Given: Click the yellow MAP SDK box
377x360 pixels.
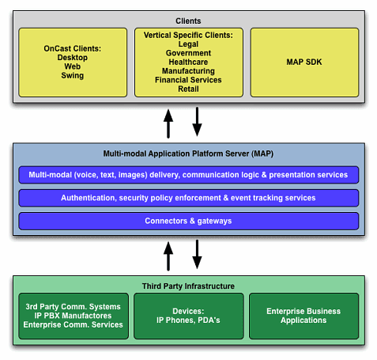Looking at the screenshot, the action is click(304, 63).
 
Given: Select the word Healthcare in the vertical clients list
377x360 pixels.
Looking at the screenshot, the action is click(188, 62).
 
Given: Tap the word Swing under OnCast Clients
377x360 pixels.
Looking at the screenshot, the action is click(73, 75).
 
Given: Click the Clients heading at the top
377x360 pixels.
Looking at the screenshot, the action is click(188, 21).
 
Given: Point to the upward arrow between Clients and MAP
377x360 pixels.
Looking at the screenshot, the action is click(168, 123).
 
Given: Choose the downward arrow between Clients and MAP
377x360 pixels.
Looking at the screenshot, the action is click(197, 122).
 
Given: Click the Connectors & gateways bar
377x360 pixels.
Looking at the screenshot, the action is click(189, 221).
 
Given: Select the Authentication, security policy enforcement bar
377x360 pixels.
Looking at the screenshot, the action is click(189, 198).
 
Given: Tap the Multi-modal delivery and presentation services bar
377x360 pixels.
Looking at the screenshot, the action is click(189, 175).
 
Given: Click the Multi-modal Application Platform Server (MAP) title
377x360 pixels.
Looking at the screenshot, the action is click(188, 153).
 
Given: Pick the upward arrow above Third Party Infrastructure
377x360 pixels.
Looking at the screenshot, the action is click(168, 256).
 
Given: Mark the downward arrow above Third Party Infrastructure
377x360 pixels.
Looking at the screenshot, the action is click(197, 254).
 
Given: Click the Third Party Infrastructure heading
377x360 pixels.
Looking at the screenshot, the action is click(188, 286).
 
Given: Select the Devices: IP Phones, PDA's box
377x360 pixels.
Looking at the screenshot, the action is click(189, 316).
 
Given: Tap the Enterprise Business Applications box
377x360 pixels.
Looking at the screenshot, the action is click(304, 316).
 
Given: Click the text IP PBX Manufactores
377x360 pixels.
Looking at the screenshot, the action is click(73, 316).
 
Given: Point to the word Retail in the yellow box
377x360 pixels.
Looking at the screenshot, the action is click(188, 89).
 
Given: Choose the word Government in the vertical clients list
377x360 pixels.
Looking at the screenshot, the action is click(188, 53).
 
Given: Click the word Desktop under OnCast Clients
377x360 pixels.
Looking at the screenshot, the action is click(73, 58).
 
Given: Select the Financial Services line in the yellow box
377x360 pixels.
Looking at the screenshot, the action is click(188, 80).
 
